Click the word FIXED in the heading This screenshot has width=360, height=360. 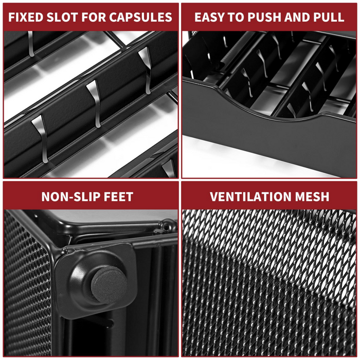click(x=26, y=17)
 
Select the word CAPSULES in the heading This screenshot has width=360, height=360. click(x=140, y=17)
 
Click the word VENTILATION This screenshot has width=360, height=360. click(x=250, y=196)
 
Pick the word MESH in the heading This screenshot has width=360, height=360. click(x=312, y=196)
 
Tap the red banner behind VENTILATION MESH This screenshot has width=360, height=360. click(x=269, y=196)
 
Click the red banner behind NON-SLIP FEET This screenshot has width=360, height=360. click(x=91, y=196)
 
